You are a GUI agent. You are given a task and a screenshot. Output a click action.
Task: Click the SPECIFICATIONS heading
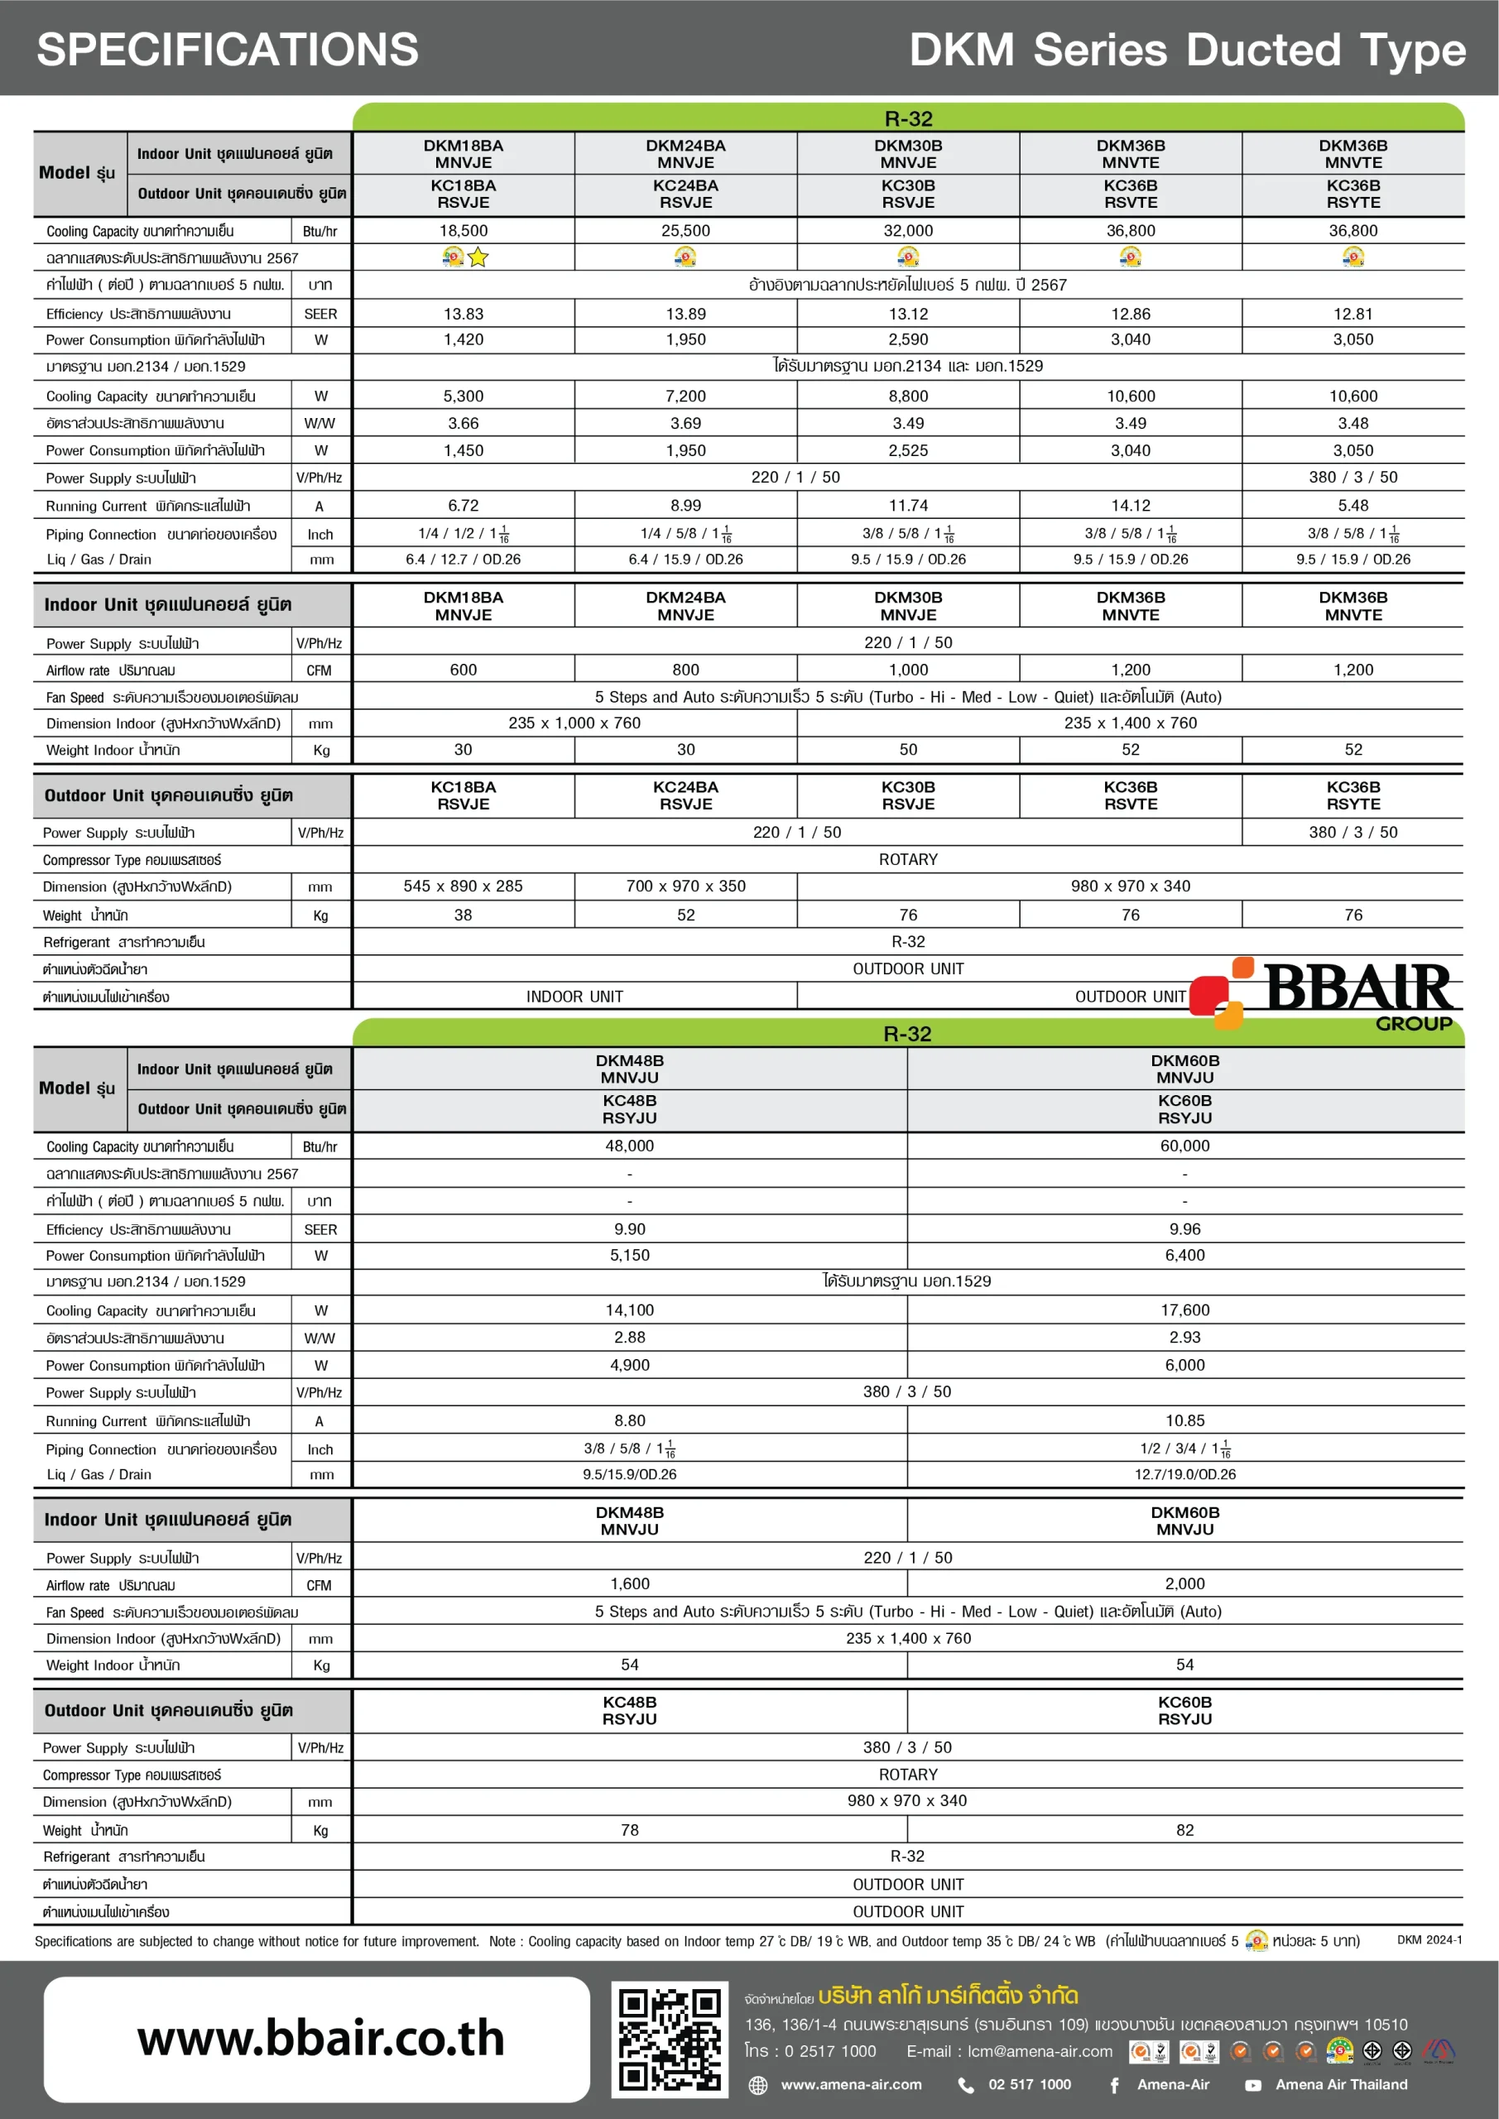[227, 50]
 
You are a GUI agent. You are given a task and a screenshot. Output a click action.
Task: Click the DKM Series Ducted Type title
[1187, 50]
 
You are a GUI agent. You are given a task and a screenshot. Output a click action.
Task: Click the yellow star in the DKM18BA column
[478, 257]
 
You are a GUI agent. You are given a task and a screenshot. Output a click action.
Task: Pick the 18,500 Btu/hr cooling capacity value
[464, 231]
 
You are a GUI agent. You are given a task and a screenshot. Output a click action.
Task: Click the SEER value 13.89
[686, 314]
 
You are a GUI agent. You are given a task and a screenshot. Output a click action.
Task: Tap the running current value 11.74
[908, 506]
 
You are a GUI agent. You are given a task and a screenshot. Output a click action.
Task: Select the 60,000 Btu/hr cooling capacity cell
[1184, 1146]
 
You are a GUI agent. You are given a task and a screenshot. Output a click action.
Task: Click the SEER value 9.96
[1184, 1228]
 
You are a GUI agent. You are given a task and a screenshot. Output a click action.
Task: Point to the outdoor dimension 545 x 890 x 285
[464, 886]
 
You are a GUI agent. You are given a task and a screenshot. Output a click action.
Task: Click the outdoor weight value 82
[1184, 1829]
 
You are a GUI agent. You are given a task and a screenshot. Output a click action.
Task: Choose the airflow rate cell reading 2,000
[1184, 1583]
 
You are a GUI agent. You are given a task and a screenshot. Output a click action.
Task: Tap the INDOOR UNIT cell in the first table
[574, 997]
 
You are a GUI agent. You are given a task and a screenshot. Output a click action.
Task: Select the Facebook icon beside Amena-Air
[1114, 2085]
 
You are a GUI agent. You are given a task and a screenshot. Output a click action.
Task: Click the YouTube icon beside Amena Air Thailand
[1252, 2085]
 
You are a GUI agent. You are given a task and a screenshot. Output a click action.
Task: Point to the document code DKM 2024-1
[1429, 1940]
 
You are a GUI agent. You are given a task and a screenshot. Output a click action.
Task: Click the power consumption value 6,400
[1184, 1255]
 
